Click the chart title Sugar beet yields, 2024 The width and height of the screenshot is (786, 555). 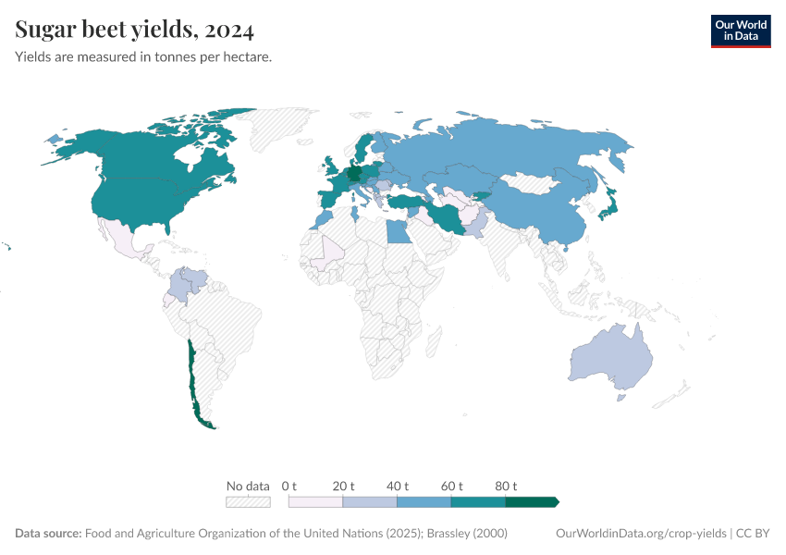[135, 31]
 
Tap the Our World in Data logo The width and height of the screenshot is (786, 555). [740, 31]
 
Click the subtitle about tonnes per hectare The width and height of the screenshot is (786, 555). [143, 57]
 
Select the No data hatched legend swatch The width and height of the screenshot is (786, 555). [248, 502]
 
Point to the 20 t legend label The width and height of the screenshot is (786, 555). [343, 486]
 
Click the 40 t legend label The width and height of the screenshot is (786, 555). [397, 486]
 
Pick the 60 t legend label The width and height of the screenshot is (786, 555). [451, 486]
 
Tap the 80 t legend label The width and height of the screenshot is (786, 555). [506, 486]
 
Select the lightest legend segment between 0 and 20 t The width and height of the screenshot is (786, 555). [315, 502]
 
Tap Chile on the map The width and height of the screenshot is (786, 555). [193, 379]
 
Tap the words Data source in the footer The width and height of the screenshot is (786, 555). [48, 534]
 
